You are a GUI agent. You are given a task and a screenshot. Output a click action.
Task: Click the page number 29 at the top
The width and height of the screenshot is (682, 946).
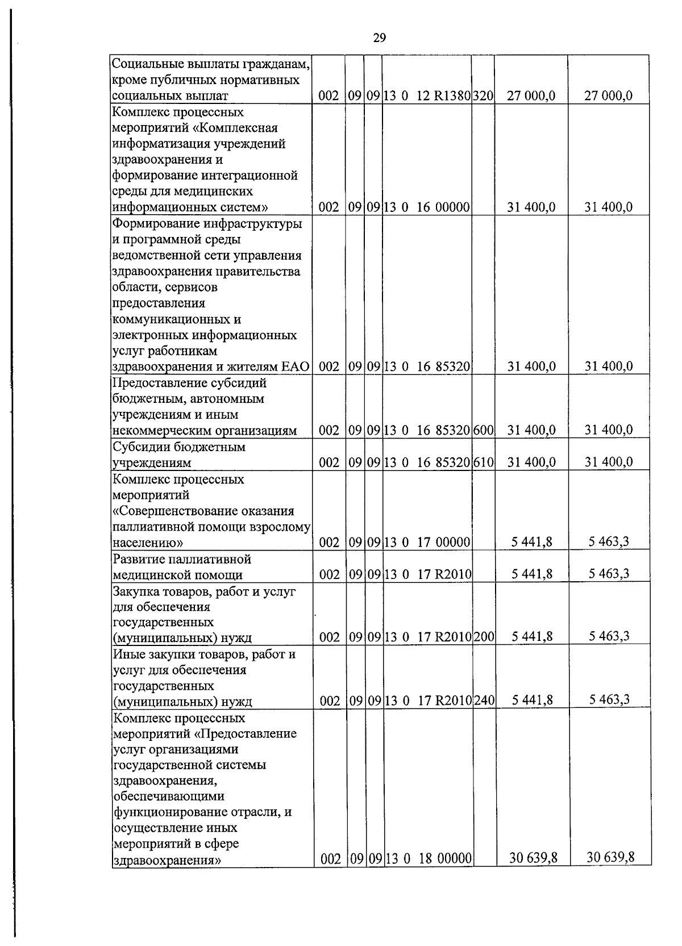[x=379, y=38]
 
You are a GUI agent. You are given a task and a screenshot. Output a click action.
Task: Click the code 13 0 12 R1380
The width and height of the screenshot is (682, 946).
[x=427, y=96]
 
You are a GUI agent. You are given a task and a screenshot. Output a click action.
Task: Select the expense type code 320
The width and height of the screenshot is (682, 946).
[x=483, y=96]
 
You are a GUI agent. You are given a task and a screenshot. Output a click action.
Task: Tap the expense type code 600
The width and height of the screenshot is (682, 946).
[x=483, y=430]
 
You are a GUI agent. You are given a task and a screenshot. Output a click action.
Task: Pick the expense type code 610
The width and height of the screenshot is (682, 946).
[x=483, y=462]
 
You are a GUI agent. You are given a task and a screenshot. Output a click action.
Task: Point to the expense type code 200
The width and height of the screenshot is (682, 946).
[x=484, y=637]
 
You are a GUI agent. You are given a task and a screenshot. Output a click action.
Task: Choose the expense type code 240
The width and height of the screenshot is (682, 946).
[x=484, y=701]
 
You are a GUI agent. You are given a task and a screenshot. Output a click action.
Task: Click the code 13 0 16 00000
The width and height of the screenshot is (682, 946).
[x=427, y=207]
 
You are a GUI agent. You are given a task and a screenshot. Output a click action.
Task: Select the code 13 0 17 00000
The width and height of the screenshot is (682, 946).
[x=427, y=543]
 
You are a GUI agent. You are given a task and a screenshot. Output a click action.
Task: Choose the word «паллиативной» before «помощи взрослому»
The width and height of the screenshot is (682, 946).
[x=151, y=527]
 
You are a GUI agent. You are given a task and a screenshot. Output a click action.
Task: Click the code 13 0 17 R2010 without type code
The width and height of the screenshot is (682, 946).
[x=427, y=574]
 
